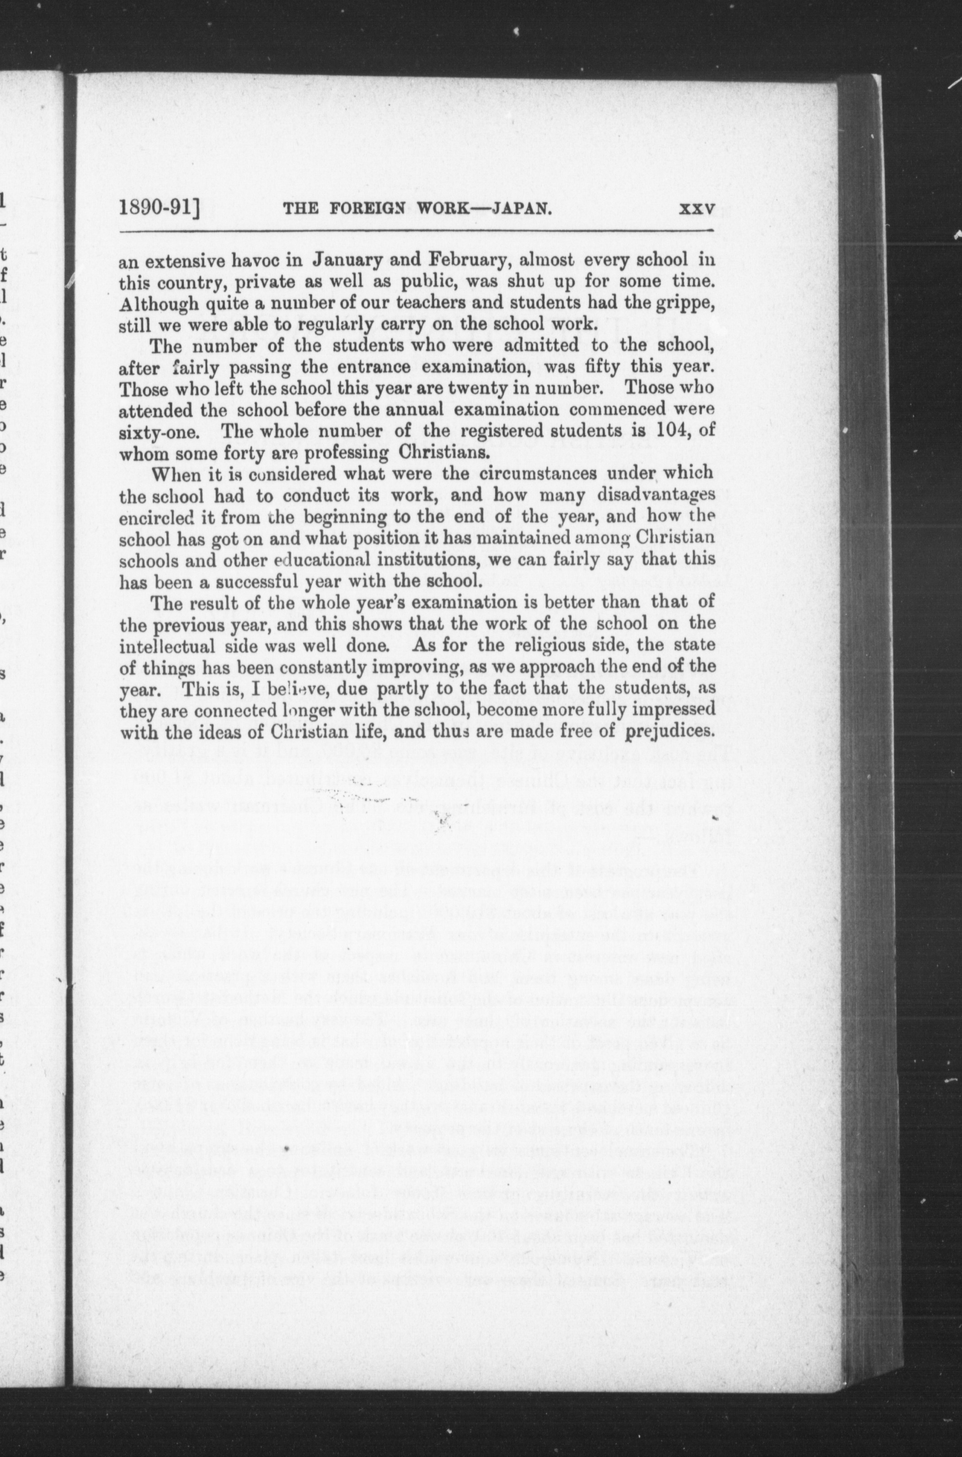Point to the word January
pyautogui.click(x=348, y=259)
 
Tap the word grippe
pyautogui.click(x=686, y=302)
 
